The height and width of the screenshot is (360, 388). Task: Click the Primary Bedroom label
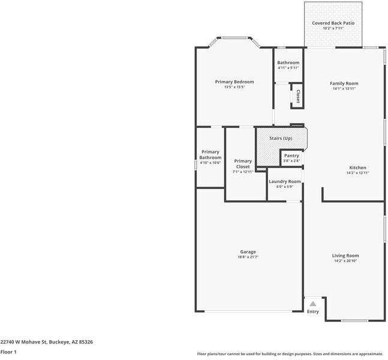(x=234, y=82)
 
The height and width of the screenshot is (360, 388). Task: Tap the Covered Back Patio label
(x=333, y=23)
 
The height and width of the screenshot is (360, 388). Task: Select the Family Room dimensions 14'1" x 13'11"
(x=344, y=89)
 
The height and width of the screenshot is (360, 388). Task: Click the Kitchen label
(x=357, y=167)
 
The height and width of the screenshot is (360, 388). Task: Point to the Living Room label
(x=345, y=256)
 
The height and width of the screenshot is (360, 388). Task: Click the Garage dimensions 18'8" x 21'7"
(x=248, y=257)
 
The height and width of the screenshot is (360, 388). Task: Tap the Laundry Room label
(x=284, y=181)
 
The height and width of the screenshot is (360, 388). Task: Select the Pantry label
(x=291, y=155)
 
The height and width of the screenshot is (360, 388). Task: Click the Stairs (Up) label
(x=281, y=139)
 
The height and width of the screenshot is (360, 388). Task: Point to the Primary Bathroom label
(x=210, y=155)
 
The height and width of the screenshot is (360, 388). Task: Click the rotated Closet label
(x=297, y=96)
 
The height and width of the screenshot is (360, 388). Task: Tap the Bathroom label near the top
(x=288, y=62)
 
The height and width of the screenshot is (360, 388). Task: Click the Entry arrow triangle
(x=312, y=304)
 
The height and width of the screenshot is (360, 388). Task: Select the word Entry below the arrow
(x=313, y=311)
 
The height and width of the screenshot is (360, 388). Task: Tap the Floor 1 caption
(x=8, y=352)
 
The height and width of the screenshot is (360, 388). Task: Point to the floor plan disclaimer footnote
(x=290, y=353)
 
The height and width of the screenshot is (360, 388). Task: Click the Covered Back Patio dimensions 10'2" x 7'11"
(x=333, y=28)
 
